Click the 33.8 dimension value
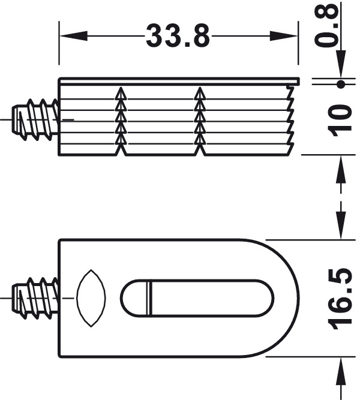coord(178,36)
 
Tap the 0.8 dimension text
coord(326,26)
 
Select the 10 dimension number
coord(340,121)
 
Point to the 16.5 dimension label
coord(340,298)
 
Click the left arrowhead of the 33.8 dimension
coord(74,36)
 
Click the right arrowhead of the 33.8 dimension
coord(284,36)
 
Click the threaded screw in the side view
coord(35,119)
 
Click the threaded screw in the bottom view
coord(35,298)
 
